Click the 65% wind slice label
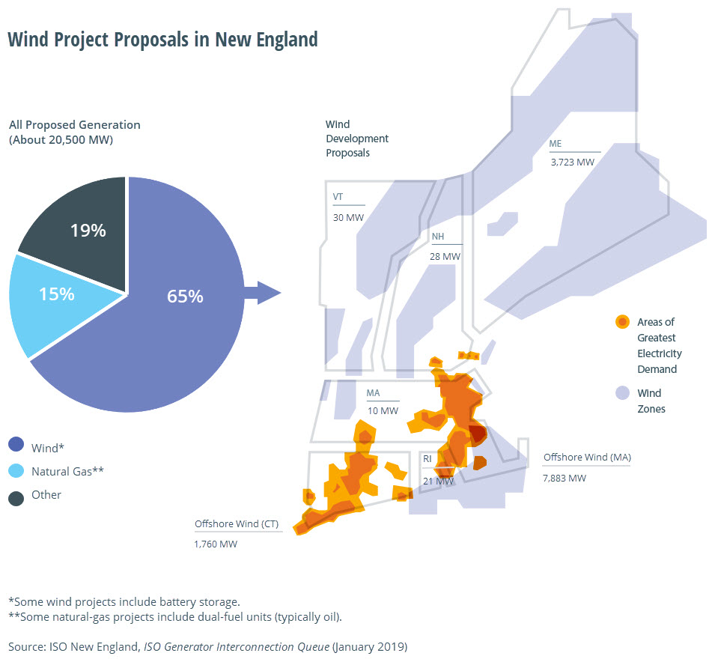(185, 296)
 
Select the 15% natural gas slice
(56, 294)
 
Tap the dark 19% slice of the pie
(88, 231)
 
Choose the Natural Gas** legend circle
(16, 470)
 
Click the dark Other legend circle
(16, 496)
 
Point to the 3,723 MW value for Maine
(572, 161)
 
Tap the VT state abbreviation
(338, 197)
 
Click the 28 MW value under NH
(445, 256)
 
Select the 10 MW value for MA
(382, 410)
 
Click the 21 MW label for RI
(438, 481)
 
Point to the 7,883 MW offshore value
(565, 478)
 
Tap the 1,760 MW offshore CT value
(216, 544)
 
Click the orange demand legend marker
(621, 322)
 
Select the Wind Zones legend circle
(621, 393)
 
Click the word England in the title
(283, 39)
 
